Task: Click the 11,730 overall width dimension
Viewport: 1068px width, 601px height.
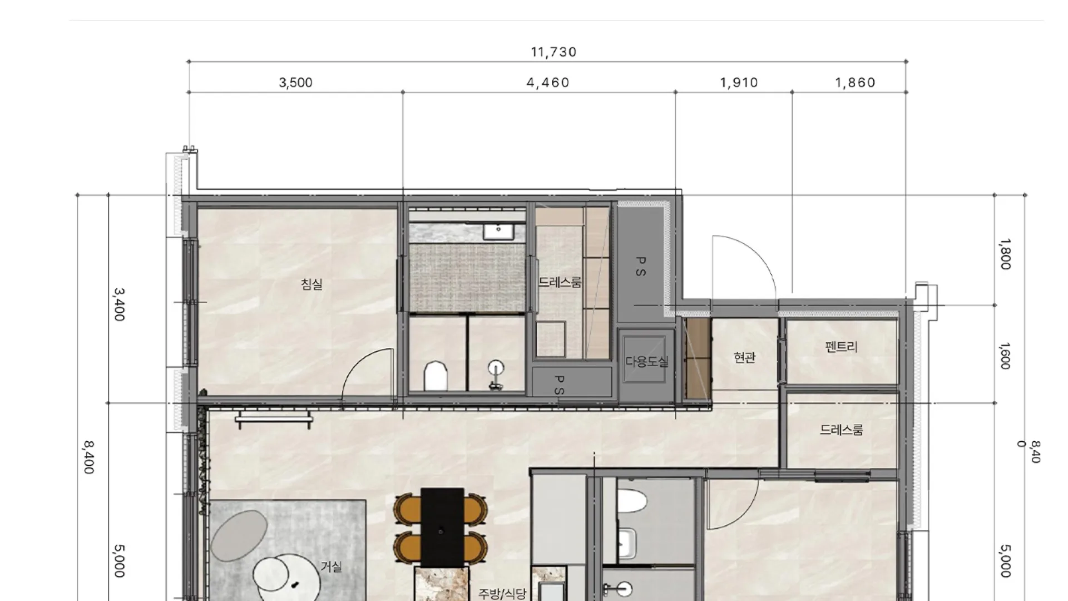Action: click(553, 52)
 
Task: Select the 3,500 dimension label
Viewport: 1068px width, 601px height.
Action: click(295, 82)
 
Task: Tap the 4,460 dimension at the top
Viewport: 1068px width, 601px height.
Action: click(548, 82)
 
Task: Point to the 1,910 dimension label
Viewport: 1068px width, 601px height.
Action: click(739, 82)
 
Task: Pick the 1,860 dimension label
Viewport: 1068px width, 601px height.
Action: click(855, 82)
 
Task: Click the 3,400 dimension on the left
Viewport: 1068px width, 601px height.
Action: click(119, 304)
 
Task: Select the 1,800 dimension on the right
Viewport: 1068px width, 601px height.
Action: click(1005, 254)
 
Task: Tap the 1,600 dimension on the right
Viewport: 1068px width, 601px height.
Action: click(1005, 356)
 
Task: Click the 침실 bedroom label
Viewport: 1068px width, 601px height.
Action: click(311, 284)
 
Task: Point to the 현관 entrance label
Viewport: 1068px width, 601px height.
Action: click(744, 357)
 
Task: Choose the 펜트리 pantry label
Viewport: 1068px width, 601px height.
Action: click(841, 347)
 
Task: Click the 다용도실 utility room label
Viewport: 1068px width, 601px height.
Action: click(646, 362)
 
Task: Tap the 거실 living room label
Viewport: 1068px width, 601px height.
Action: click(331, 566)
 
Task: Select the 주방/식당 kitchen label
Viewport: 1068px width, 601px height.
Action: click(502, 594)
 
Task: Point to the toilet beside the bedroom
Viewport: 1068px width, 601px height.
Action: click(436, 376)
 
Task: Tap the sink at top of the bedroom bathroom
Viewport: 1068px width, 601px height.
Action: click(498, 231)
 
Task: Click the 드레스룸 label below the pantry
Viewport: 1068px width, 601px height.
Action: click(841, 430)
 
